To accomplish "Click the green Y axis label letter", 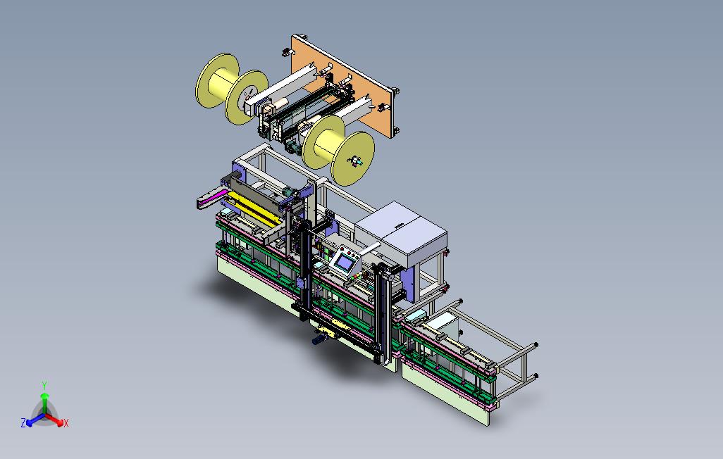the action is (x=44, y=385).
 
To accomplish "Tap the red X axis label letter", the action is (x=66, y=423).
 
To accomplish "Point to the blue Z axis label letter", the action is (x=23, y=422).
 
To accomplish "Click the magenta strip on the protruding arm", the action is (x=212, y=197).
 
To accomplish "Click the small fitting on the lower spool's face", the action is (x=356, y=161).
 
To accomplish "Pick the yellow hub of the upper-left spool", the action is (x=223, y=82).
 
